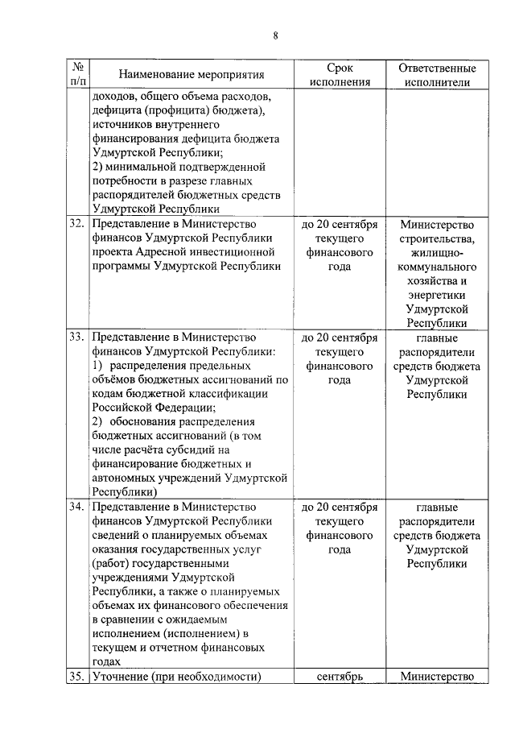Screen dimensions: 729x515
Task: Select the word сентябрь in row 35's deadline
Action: click(339, 677)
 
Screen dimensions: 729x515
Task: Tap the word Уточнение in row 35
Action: click(123, 677)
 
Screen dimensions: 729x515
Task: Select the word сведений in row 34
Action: click(117, 536)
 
